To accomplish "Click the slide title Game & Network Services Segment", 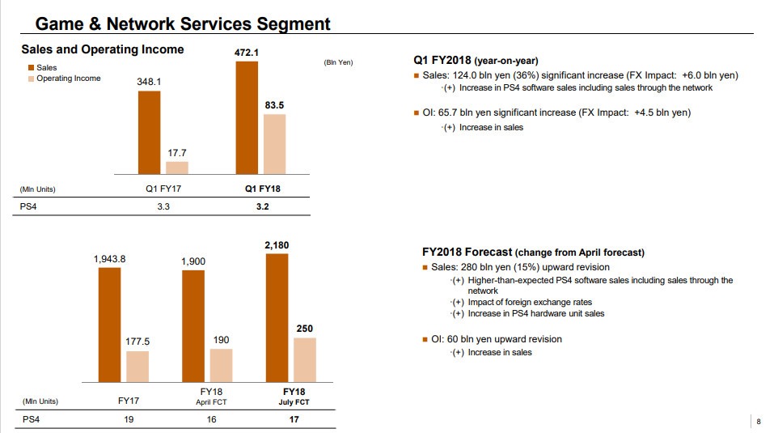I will pyautogui.click(x=194, y=23).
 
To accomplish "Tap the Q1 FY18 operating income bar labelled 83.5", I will pyautogui.click(x=275, y=144).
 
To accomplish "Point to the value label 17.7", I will pyautogui.click(x=177, y=152).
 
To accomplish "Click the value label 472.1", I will pyautogui.click(x=246, y=52).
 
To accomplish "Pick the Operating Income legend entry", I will pyautogui.click(x=68, y=79).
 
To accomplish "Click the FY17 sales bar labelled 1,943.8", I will pyautogui.click(x=109, y=325).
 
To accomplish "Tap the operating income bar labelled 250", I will pyautogui.click(x=305, y=360).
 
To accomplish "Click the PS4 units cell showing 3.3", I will pyautogui.click(x=162, y=206).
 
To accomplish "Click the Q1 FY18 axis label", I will pyautogui.click(x=262, y=189).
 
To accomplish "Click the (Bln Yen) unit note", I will pyautogui.click(x=338, y=63).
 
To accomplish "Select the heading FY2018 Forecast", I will pyautogui.click(x=466, y=252).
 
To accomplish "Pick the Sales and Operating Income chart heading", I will pyautogui.click(x=102, y=49).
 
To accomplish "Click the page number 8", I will pyautogui.click(x=759, y=421).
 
